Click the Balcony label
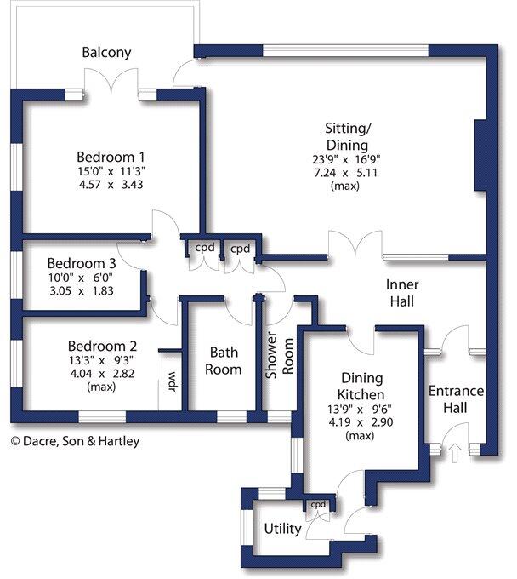pos(106,53)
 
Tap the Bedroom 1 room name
pos(111,157)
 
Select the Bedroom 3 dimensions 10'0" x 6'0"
pos(80,277)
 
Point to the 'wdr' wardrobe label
pos(171,378)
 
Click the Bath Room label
pos(225,360)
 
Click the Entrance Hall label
pos(456,399)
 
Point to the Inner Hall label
pos(402,292)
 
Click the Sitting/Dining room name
pos(347,136)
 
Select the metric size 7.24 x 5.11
pos(347,172)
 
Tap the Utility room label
pos(282,529)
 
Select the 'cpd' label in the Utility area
pos(318,504)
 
